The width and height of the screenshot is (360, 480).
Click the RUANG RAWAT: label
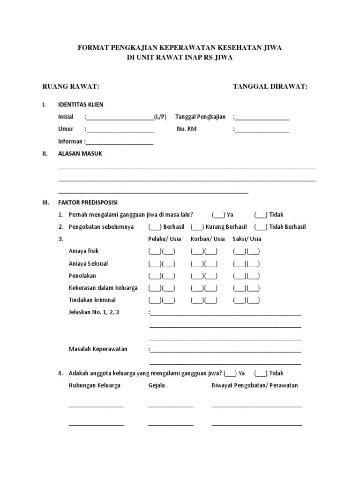click(x=71, y=87)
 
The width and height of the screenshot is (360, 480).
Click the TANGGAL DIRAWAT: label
click(x=270, y=87)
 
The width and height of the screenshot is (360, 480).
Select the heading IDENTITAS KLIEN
click(x=81, y=105)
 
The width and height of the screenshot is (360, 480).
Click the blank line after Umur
click(x=120, y=130)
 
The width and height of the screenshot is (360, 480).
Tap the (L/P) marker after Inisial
click(x=160, y=117)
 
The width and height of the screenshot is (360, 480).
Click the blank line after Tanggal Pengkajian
click(x=262, y=118)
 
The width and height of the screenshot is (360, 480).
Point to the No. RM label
click(x=187, y=129)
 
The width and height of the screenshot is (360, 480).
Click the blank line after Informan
click(x=120, y=142)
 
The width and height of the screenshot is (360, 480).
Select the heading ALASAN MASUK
click(x=80, y=153)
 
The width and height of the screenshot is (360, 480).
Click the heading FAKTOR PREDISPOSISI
click(x=88, y=202)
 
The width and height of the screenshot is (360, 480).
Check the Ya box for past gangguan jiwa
click(x=218, y=215)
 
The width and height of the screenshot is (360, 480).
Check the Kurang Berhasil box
click(x=197, y=227)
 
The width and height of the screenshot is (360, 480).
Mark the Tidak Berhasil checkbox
click(x=261, y=227)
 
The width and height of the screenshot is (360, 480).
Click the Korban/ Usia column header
click(x=208, y=239)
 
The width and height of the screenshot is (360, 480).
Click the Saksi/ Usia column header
click(x=247, y=239)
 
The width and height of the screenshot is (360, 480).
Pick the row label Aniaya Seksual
click(x=88, y=263)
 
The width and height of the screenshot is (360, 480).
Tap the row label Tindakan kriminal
click(x=92, y=300)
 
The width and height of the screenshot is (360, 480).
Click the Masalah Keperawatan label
click(x=98, y=349)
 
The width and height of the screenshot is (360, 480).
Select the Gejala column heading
click(x=157, y=385)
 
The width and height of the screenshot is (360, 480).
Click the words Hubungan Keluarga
click(x=94, y=385)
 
